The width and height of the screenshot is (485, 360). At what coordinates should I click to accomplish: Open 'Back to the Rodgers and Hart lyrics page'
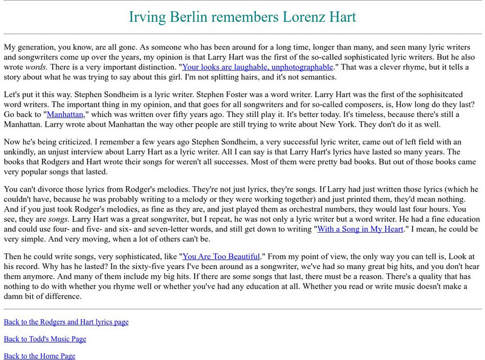[66, 322]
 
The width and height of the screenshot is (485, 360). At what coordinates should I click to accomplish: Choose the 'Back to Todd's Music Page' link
[45, 339]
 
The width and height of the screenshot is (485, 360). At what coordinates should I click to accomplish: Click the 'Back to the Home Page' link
[39, 356]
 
